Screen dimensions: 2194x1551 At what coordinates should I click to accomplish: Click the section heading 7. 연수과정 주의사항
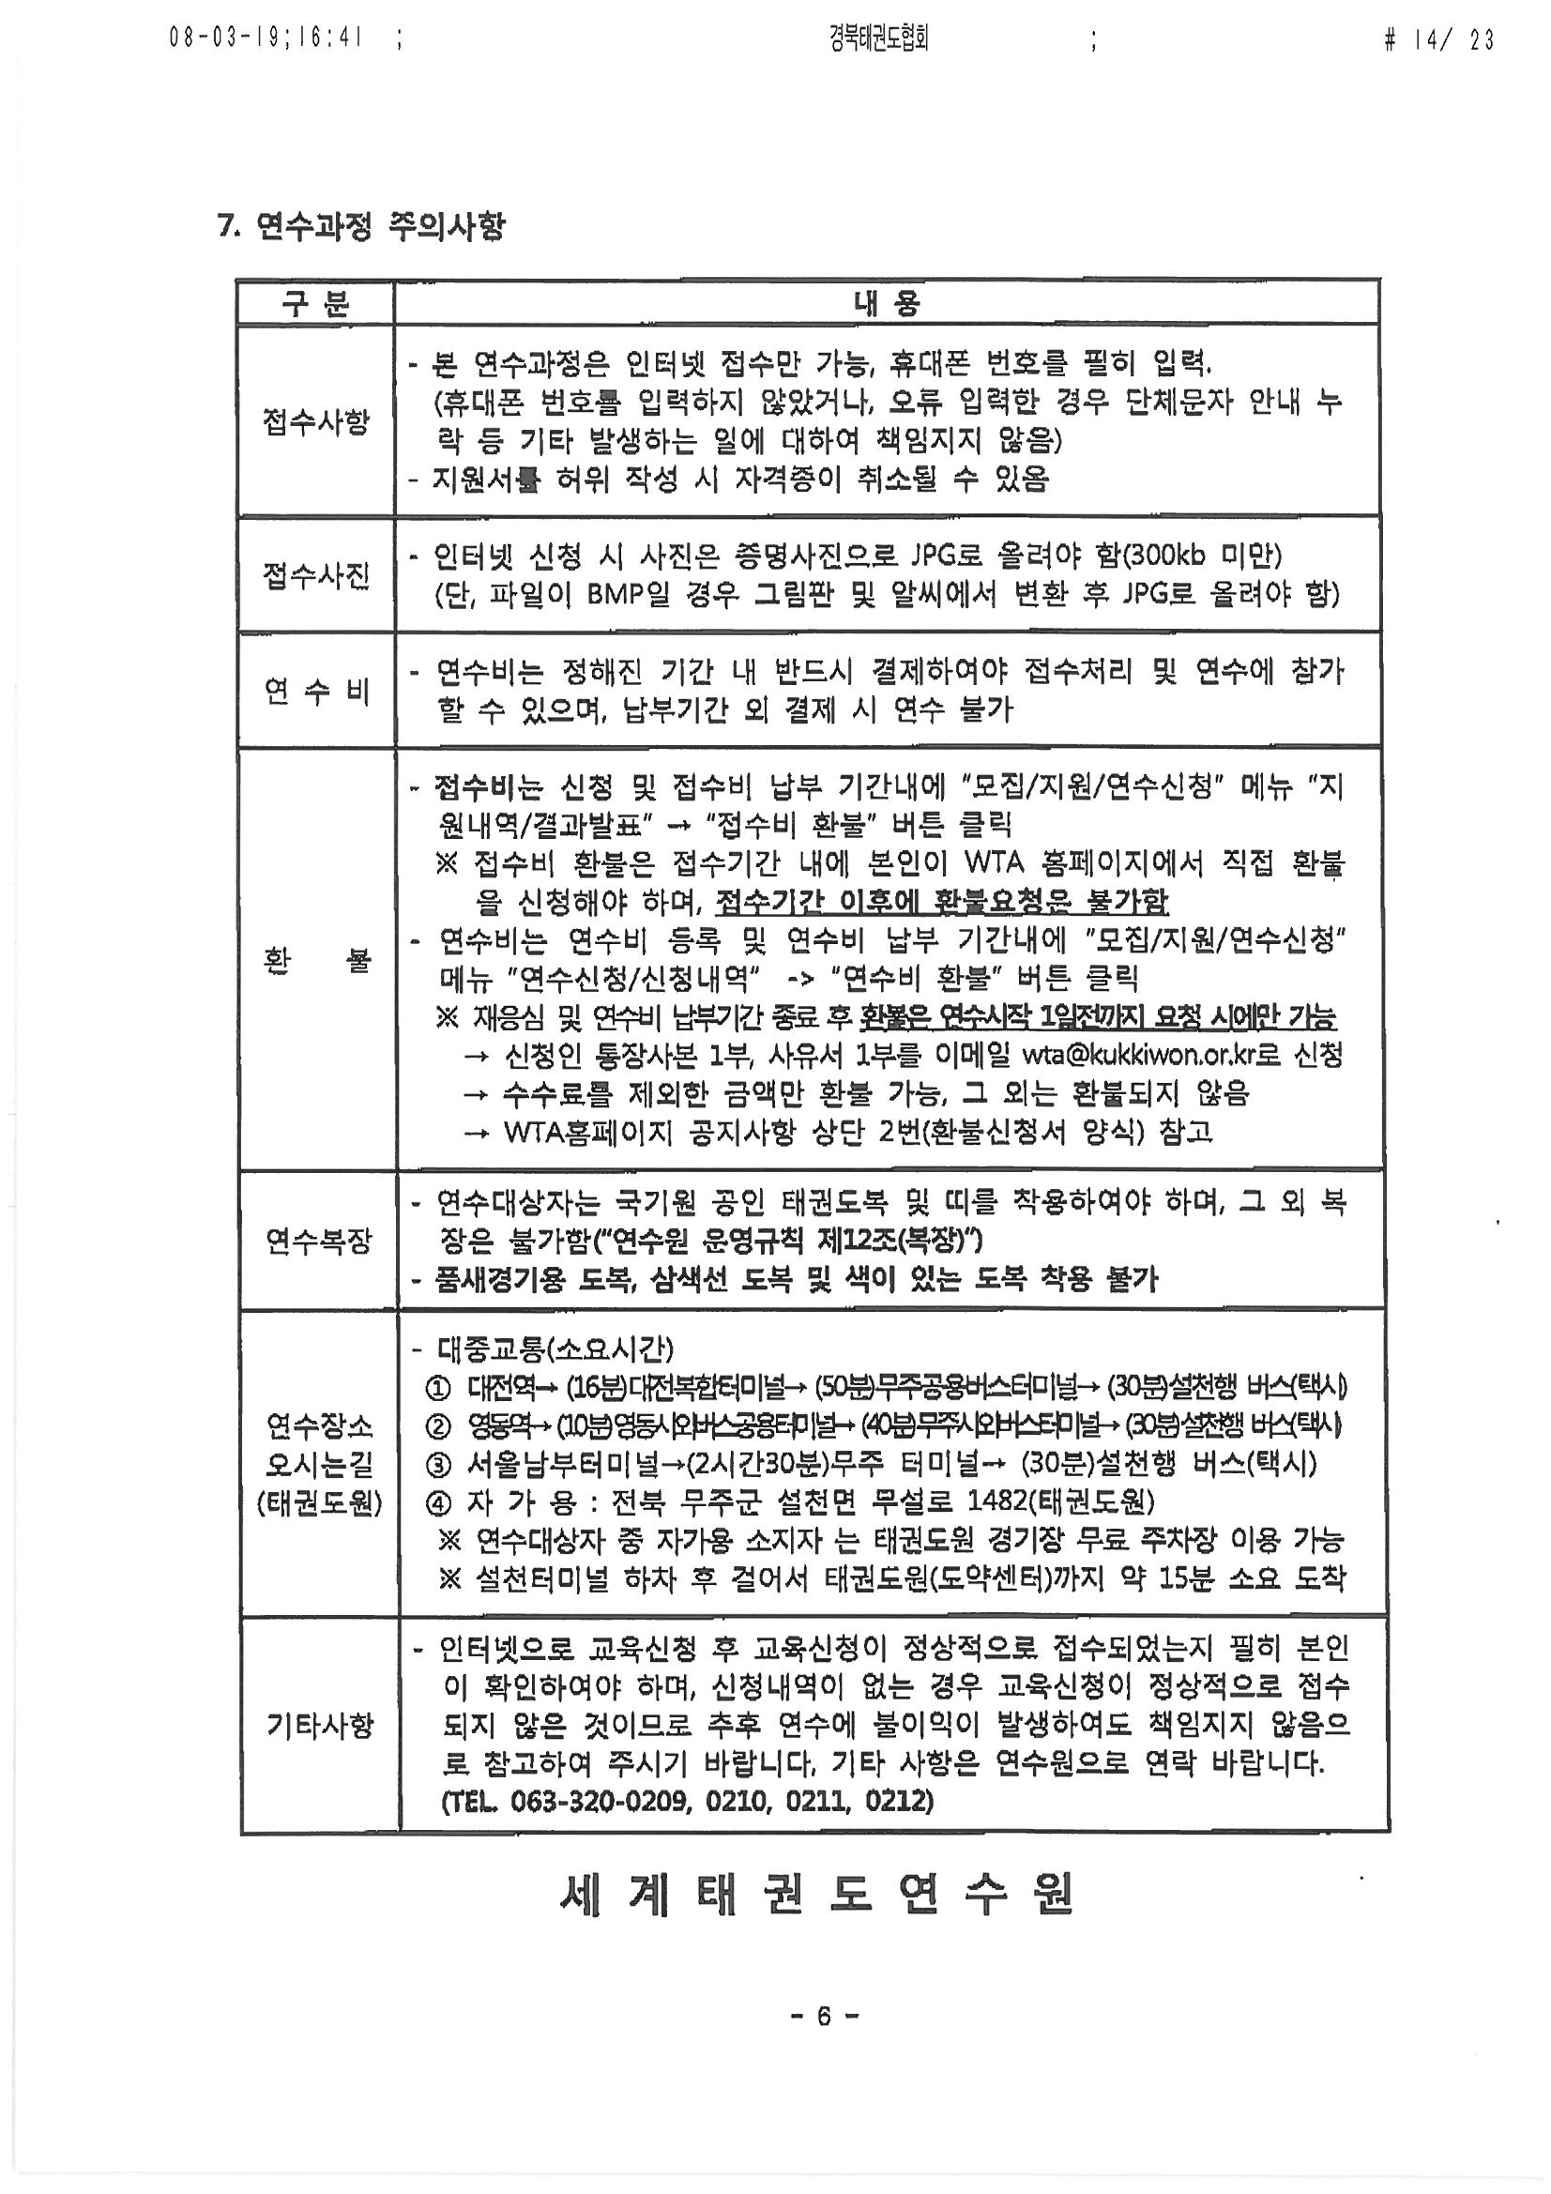[x=361, y=226]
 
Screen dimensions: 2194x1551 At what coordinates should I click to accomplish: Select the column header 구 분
[x=315, y=304]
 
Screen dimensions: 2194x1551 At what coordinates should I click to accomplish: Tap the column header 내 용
[x=886, y=304]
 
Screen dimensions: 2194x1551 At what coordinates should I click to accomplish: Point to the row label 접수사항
[x=315, y=421]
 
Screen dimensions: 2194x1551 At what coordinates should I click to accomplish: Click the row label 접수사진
[x=315, y=575]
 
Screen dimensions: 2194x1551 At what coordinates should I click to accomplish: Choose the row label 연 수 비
[x=315, y=690]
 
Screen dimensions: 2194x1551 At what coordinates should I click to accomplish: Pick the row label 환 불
[x=315, y=959]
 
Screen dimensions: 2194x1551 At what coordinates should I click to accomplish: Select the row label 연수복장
[x=317, y=1241]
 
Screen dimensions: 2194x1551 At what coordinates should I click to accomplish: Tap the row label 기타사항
[x=319, y=1725]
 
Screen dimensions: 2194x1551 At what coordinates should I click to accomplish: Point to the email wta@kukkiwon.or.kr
[x=1150, y=1055]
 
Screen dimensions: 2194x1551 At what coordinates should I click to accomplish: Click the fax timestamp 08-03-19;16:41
[x=266, y=39]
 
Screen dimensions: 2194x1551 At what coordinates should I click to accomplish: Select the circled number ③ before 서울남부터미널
[x=437, y=1464]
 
